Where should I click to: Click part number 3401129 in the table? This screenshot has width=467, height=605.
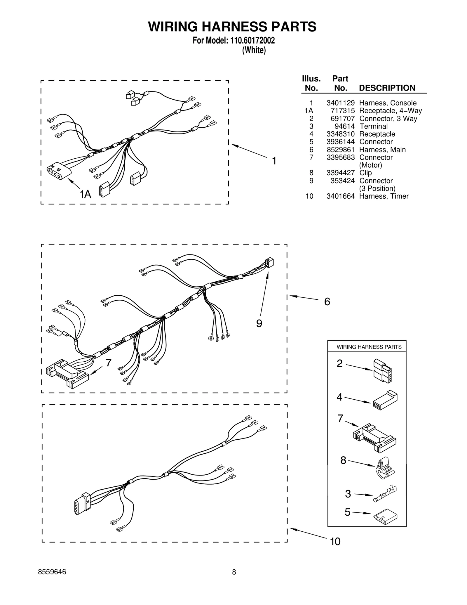(340, 103)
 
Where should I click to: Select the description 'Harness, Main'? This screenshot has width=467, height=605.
(382, 150)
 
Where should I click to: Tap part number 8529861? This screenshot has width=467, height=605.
(340, 150)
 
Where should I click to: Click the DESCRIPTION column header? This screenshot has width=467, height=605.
(387, 88)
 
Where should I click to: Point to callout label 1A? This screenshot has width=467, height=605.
(85, 194)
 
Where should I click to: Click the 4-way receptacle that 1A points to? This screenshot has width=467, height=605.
(59, 172)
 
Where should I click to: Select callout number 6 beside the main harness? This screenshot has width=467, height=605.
(327, 302)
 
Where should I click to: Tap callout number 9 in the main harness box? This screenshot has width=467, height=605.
(259, 323)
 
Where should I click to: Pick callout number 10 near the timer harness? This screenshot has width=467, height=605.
(335, 542)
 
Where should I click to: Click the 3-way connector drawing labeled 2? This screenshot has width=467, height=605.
(383, 371)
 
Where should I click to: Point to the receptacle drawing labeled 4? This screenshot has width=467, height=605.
(385, 401)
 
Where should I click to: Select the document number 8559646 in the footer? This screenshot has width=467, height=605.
(52, 580)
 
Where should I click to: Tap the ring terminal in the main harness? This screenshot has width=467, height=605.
(210, 339)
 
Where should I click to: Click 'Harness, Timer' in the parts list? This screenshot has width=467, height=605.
(384, 196)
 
